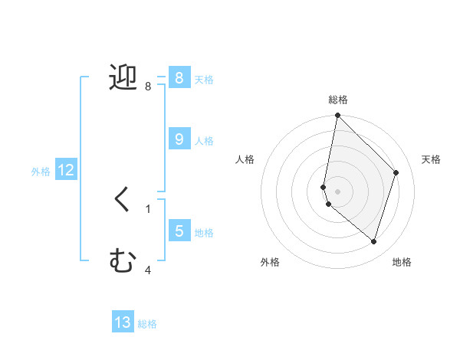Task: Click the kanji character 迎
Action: (x=123, y=77)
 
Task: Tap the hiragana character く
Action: (x=123, y=200)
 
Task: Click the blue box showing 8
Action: (x=179, y=77)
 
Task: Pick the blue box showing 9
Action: (x=179, y=139)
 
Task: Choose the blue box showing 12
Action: (x=65, y=171)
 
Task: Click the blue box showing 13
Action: (x=123, y=322)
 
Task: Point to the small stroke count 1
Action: (x=148, y=208)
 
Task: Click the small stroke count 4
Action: (x=148, y=270)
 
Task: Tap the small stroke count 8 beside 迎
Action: (x=148, y=87)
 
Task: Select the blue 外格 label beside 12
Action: (x=41, y=172)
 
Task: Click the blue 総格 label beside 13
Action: (x=147, y=324)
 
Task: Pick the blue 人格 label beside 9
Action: (x=204, y=141)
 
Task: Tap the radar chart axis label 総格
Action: (x=338, y=100)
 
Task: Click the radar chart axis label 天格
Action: (x=431, y=159)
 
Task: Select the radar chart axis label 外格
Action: (x=269, y=262)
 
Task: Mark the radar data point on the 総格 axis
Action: (x=337, y=116)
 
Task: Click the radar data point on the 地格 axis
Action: (x=373, y=241)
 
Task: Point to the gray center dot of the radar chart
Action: (x=337, y=191)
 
